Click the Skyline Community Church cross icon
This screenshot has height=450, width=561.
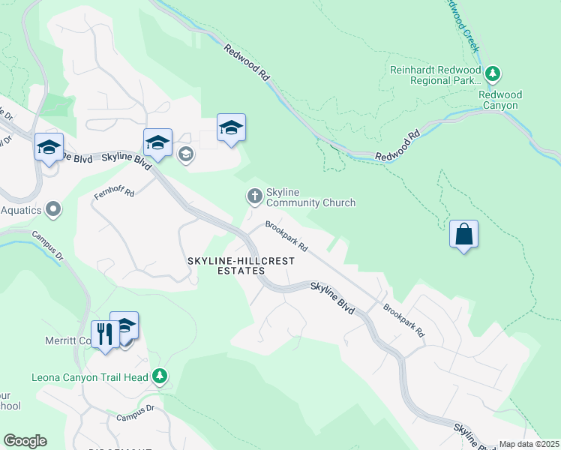point(254,196)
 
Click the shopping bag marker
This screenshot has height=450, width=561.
point(464,234)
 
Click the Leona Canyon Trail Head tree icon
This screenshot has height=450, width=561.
point(159,376)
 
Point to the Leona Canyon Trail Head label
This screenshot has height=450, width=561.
point(89,376)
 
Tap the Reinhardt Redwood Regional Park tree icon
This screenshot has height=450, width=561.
point(493,73)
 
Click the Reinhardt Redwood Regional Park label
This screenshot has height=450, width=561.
point(434,74)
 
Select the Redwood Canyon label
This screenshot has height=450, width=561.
point(500,100)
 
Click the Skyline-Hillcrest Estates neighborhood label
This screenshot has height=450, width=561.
point(240,265)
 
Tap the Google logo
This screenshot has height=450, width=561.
point(25,441)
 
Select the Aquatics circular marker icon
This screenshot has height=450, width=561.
point(53,209)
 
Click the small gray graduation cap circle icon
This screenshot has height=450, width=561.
point(185,154)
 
